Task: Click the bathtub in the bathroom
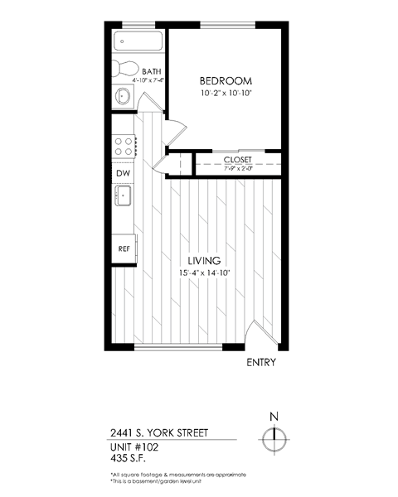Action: [x=137, y=41]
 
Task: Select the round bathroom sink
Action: [x=123, y=97]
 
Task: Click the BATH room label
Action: [x=153, y=72]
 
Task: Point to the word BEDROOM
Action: [x=226, y=81]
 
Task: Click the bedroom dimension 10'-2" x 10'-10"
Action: [x=226, y=94]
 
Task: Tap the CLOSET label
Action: [x=237, y=159]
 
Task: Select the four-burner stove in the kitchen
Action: [x=124, y=147]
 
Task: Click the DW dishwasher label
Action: [x=122, y=173]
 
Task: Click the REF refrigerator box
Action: [x=124, y=248]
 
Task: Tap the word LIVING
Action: [x=203, y=261]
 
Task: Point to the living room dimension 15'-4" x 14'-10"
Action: [x=203, y=273]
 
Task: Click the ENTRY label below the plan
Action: [x=261, y=363]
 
